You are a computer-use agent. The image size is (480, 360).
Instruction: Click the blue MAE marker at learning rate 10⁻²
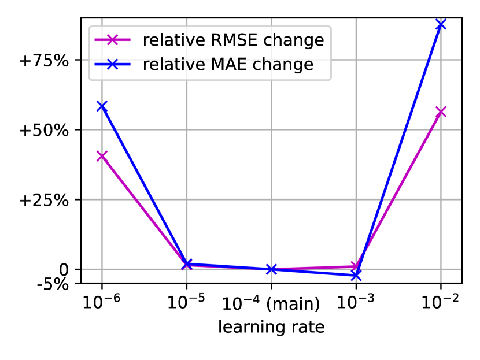tap(441, 24)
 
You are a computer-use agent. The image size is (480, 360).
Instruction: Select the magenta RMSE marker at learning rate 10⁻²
tap(441, 112)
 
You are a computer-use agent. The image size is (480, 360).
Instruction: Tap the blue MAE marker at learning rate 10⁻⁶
tap(102, 106)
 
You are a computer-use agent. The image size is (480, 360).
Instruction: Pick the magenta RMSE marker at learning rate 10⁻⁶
tap(102, 156)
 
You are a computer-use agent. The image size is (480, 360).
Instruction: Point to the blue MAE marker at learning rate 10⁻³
tap(356, 276)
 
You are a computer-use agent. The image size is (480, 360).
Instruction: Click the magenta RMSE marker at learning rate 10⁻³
tap(356, 266)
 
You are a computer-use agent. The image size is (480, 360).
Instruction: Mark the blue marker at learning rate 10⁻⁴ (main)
tap(271, 269)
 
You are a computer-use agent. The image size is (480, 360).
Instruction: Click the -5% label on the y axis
tap(53, 284)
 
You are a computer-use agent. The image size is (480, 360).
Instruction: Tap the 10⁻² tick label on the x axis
tap(441, 302)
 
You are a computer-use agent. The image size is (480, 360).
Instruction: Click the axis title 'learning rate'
tap(271, 327)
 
